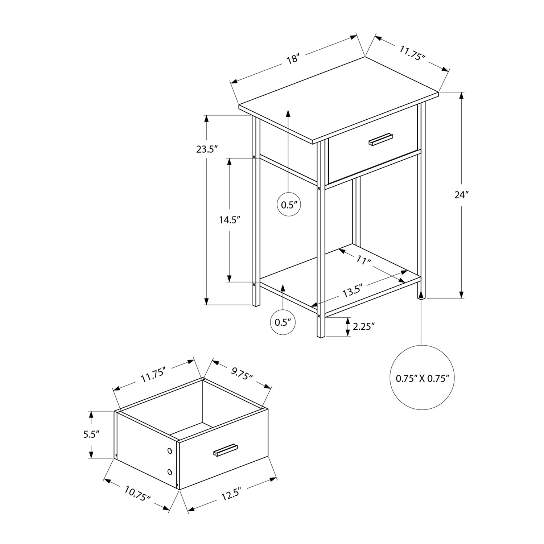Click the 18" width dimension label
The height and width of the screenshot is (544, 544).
[292, 58]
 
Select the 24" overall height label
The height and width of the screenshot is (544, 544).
[461, 195]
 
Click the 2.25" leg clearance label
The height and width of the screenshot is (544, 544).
[363, 326]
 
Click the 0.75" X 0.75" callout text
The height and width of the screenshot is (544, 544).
[423, 379]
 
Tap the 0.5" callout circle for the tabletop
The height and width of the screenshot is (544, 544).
[289, 205]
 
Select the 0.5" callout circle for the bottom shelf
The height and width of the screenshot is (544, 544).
[283, 322]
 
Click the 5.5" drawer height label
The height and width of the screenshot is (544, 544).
[91, 434]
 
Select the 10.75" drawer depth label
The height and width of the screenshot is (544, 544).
[137, 494]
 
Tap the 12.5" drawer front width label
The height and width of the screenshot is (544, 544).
[231, 494]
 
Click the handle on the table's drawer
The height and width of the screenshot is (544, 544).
[381, 140]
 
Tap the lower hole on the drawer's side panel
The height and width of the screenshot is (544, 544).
[169, 471]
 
